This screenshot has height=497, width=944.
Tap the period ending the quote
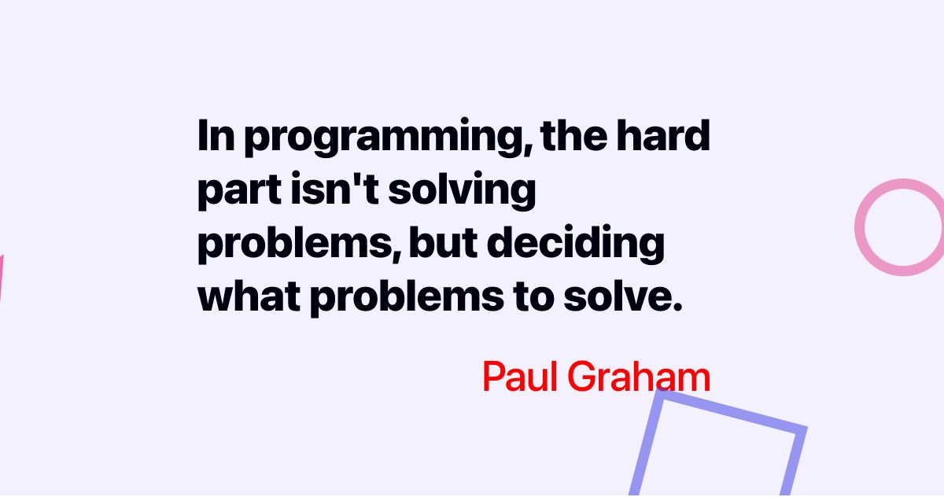(674, 309)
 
